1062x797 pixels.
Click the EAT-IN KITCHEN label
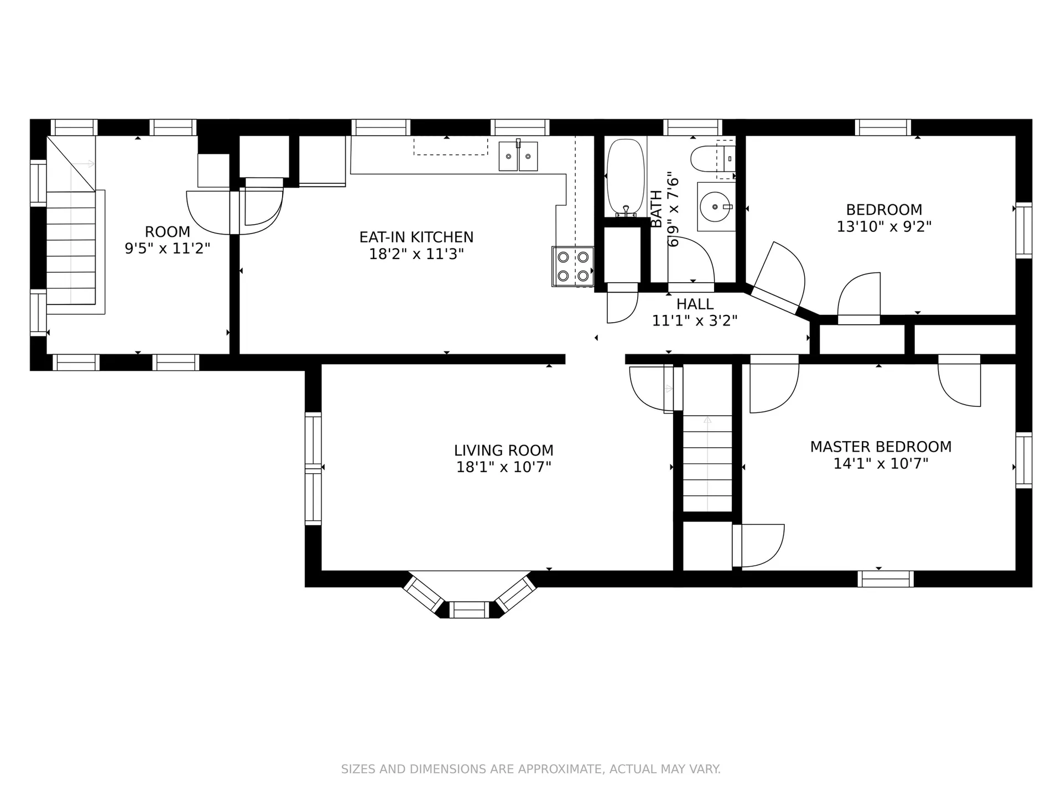417,237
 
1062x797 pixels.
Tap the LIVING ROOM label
504,451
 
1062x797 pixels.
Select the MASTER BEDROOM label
881,447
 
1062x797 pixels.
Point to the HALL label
695,304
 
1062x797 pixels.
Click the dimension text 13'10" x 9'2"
884,227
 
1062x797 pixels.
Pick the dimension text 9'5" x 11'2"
168,249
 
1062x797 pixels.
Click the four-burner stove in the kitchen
573,266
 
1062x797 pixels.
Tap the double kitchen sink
518,156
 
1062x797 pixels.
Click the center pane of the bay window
469,610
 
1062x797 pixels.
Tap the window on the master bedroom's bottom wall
886,579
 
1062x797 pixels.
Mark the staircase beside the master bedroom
707,464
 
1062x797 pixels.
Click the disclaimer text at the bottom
531,769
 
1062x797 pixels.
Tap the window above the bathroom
693,127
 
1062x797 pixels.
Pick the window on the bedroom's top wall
883,127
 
